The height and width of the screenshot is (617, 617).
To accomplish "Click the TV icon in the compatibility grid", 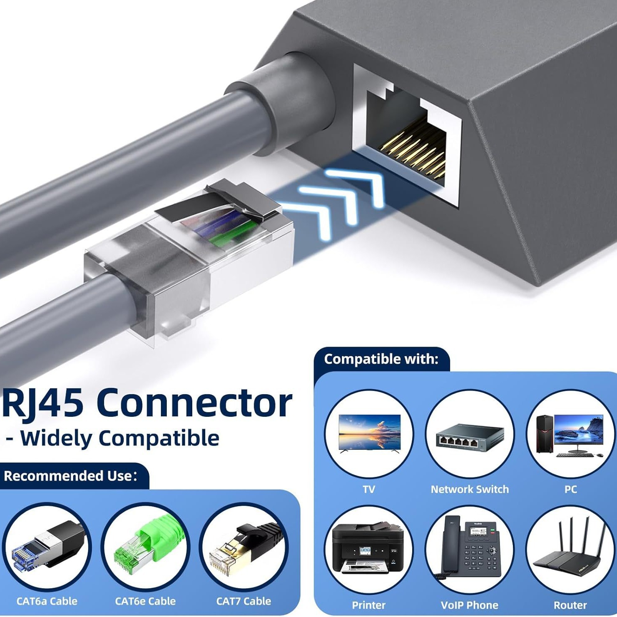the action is pos(369,433).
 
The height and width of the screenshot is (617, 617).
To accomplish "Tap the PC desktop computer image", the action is pos(571,435).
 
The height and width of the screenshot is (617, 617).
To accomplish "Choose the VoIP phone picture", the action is pos(469,551).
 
